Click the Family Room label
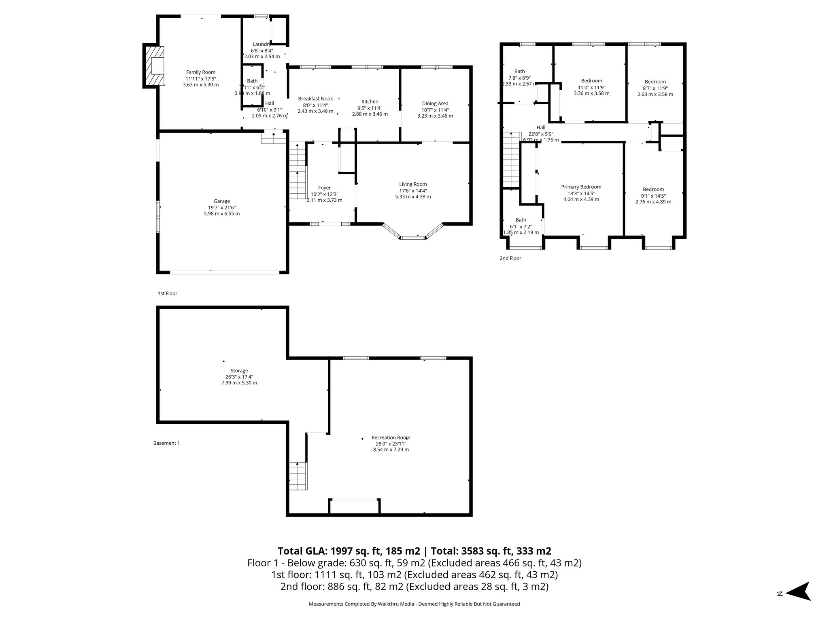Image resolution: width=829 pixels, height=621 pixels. click(x=200, y=72)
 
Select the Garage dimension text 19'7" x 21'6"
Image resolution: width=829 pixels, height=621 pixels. click(x=222, y=207)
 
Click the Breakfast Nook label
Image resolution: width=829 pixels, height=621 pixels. click(x=315, y=99)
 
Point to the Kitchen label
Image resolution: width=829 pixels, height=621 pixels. click(x=370, y=101)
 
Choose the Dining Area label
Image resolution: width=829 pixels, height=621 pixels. click(x=435, y=103)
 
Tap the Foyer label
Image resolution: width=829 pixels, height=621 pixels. click(x=324, y=188)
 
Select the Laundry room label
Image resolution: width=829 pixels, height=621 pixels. click(x=261, y=44)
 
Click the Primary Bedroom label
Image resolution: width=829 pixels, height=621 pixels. click(x=581, y=187)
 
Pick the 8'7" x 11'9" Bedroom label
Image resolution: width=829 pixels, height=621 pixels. click(x=655, y=82)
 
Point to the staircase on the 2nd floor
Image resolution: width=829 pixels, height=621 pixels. click(x=511, y=160)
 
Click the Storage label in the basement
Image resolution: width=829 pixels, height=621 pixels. click(x=239, y=371)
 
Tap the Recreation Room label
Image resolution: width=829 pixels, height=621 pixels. click(x=391, y=437)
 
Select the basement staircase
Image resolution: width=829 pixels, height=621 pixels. click(x=298, y=476)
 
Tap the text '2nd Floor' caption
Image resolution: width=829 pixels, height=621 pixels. click(x=510, y=258)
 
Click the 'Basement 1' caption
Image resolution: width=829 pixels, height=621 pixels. click(x=166, y=443)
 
